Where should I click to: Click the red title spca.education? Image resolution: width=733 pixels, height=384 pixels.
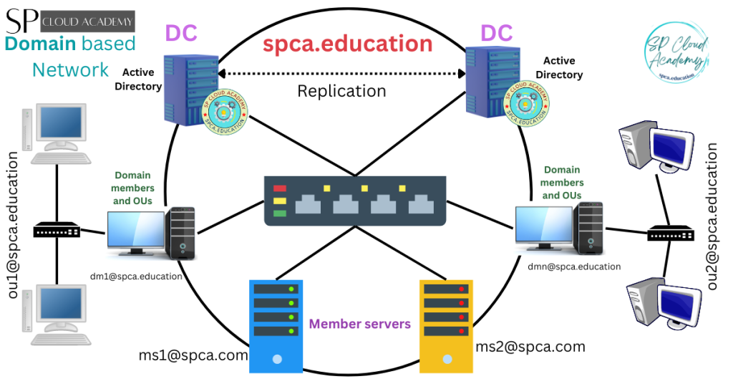click(x=347, y=44)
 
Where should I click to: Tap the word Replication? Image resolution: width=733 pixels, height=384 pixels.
click(x=341, y=91)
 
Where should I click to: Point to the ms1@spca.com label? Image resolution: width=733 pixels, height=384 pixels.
click(x=193, y=355)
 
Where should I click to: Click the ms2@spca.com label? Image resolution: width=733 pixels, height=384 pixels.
click(x=530, y=347)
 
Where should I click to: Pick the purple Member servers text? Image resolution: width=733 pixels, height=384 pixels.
click(x=360, y=324)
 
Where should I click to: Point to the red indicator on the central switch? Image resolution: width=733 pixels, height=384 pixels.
click(x=280, y=189)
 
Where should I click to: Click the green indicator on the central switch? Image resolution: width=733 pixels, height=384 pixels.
click(x=280, y=213)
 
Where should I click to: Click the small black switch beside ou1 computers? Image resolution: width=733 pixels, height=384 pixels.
click(x=57, y=231)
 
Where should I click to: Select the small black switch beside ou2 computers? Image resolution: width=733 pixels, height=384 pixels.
click(x=670, y=234)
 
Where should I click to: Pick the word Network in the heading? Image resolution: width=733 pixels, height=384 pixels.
click(x=70, y=69)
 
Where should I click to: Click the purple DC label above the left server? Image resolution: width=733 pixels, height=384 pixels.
click(x=181, y=33)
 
